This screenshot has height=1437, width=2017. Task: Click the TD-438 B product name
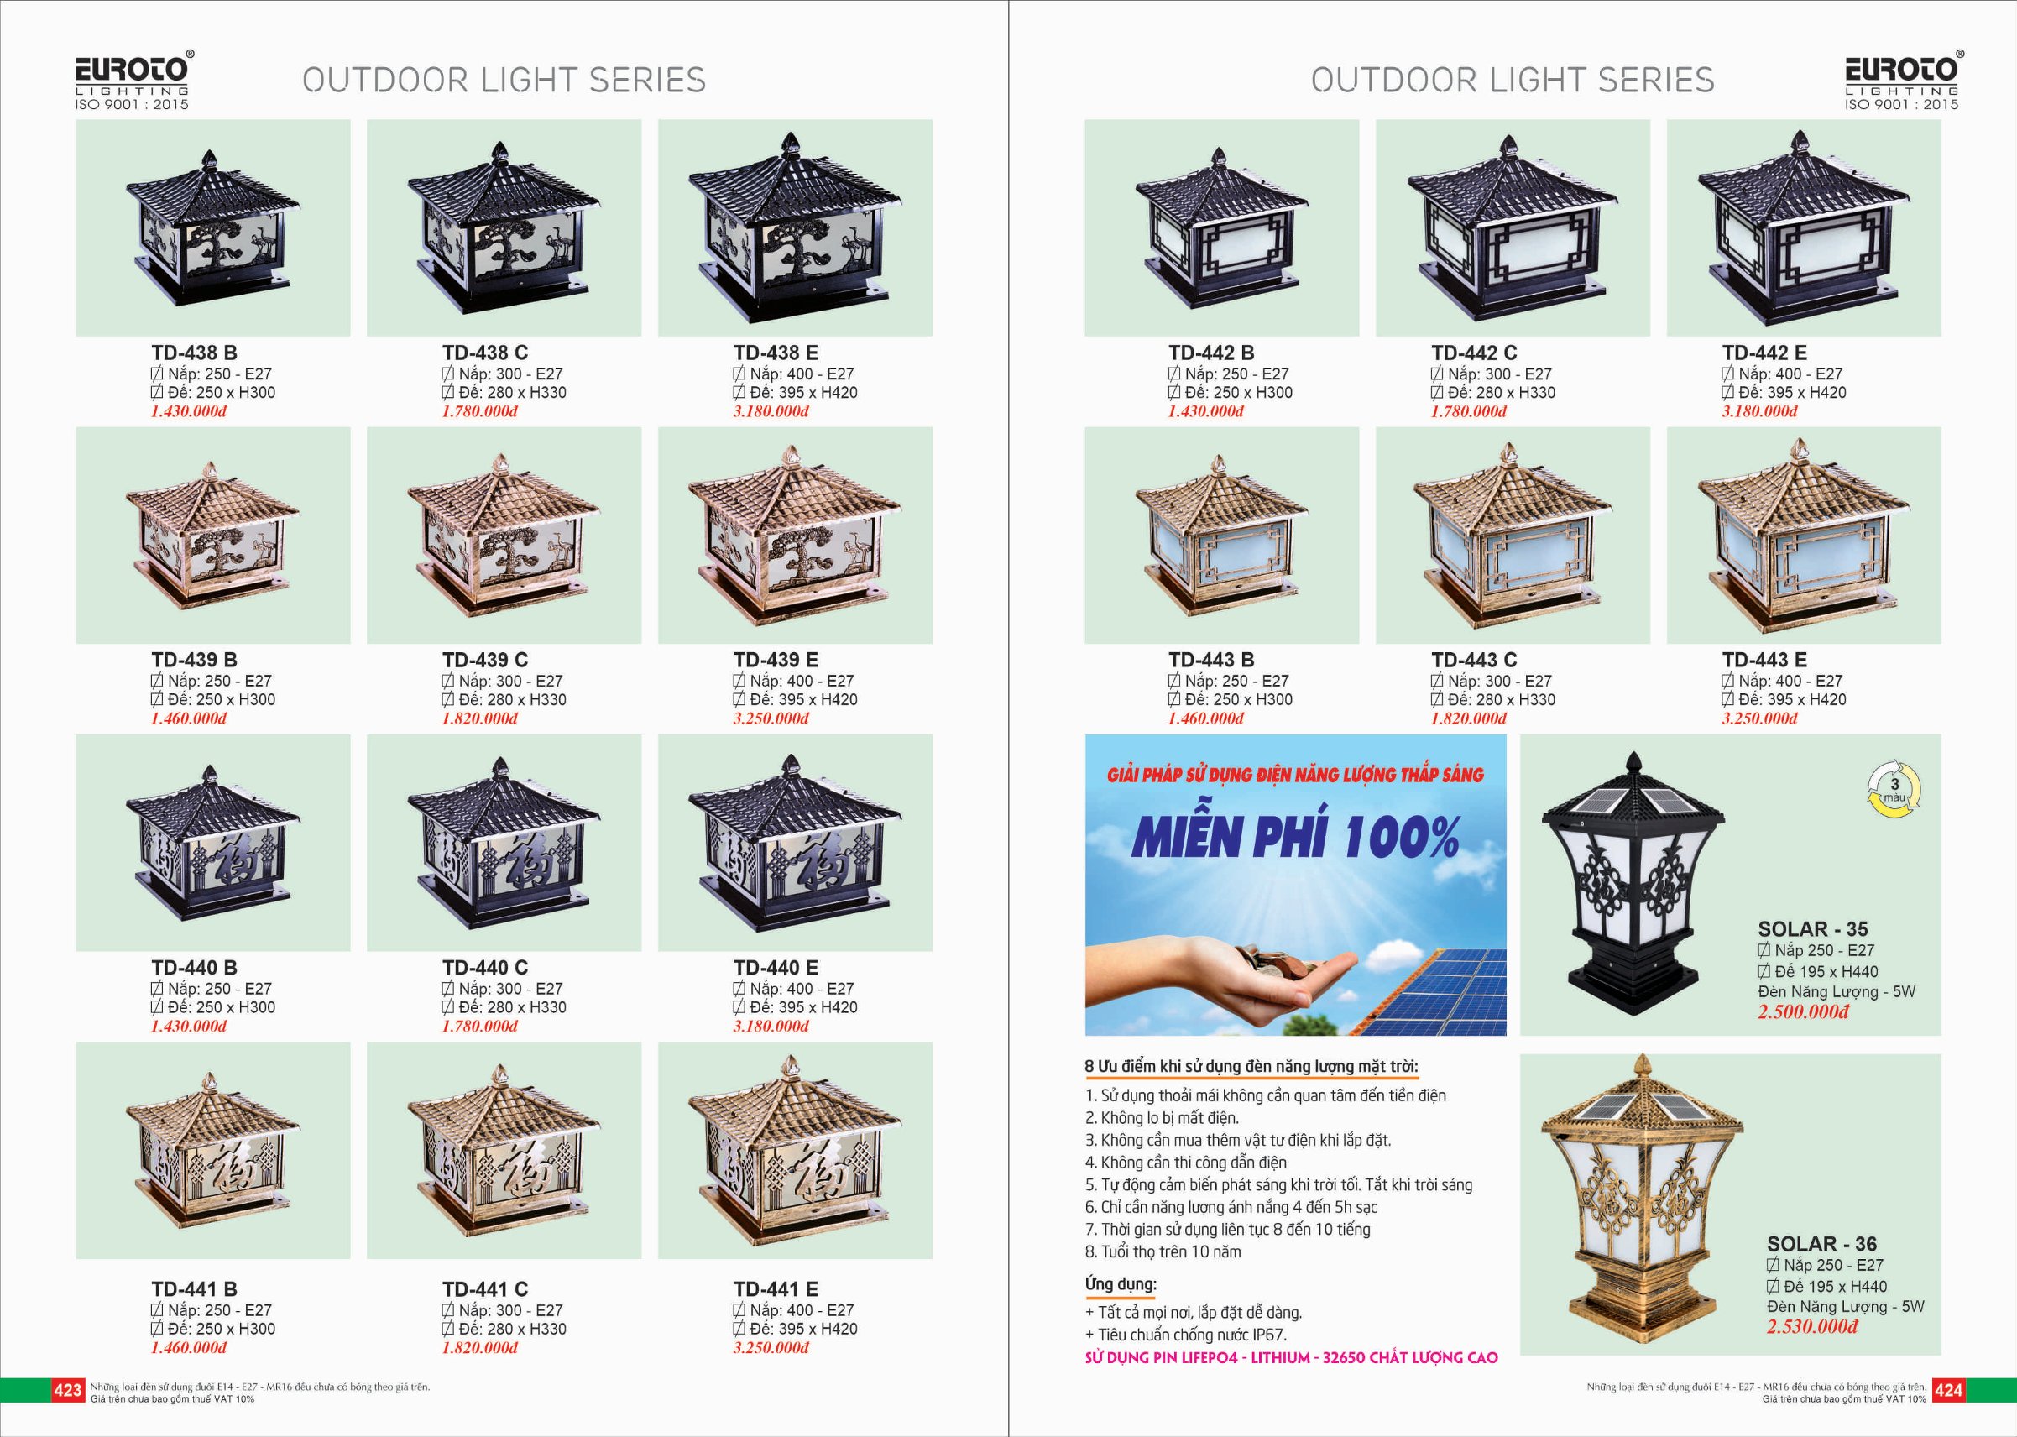tap(194, 353)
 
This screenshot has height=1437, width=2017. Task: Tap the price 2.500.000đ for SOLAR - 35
tap(1803, 1011)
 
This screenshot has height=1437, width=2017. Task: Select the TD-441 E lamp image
tap(794, 1150)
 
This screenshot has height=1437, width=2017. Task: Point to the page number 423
tap(67, 1390)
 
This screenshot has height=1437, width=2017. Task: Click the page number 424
tap(1949, 1390)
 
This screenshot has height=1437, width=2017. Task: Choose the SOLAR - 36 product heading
tap(1821, 1244)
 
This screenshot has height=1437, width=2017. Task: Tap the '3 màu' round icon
tap(1894, 789)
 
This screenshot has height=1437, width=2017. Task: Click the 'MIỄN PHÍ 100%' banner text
tap(1295, 837)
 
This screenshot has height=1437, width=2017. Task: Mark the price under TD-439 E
tap(771, 718)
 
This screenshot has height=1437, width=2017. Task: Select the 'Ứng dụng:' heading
tap(1121, 1283)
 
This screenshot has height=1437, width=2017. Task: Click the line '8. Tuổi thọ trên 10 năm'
tap(1163, 1252)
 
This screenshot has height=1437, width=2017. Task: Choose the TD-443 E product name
tap(1764, 660)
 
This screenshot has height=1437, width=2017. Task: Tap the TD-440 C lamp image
tap(504, 843)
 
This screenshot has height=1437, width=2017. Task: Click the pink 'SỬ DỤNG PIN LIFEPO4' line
tap(1292, 1357)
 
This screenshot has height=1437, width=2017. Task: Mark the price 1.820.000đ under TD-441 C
tap(479, 1348)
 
